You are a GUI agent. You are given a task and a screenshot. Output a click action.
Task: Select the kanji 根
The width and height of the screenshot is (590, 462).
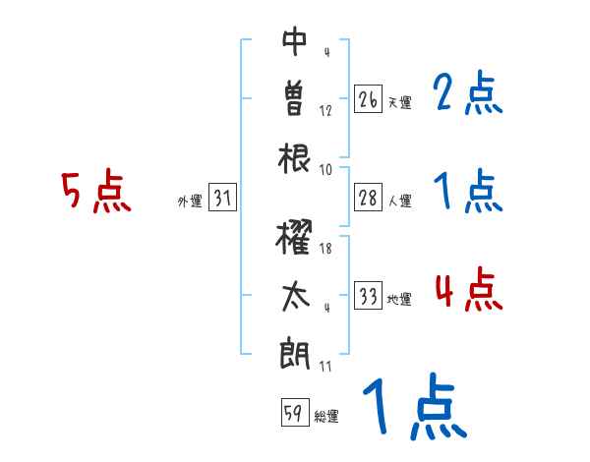coord(295,157)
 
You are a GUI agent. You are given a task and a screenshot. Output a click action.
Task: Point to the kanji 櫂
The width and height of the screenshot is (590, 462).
coord(295,238)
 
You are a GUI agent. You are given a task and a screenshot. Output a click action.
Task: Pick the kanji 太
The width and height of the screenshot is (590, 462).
coord(295,296)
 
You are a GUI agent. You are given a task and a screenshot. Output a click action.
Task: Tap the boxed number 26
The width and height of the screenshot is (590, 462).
coord(368,99)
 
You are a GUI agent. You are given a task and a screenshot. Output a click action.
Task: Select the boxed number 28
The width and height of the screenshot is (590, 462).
coord(368,198)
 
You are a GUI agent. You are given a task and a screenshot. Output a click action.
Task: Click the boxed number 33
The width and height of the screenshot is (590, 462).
coord(368,296)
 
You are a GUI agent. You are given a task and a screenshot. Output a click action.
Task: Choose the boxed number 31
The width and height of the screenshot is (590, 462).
coord(222,198)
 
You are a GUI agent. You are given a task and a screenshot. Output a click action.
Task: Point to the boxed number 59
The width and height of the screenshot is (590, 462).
coord(294,414)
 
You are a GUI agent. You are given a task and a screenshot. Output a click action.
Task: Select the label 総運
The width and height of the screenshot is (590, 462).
coord(326,417)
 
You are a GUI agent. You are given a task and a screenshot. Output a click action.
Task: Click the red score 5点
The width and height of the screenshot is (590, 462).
coord(95,193)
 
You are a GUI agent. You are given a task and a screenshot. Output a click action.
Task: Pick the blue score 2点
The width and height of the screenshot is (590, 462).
coord(467,95)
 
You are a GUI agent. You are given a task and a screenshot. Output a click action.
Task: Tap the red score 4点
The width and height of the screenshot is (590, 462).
coord(467,291)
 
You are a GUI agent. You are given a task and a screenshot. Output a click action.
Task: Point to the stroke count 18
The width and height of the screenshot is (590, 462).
coord(325,250)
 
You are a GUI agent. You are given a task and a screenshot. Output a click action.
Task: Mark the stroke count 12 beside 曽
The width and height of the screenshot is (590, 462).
coord(325,111)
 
